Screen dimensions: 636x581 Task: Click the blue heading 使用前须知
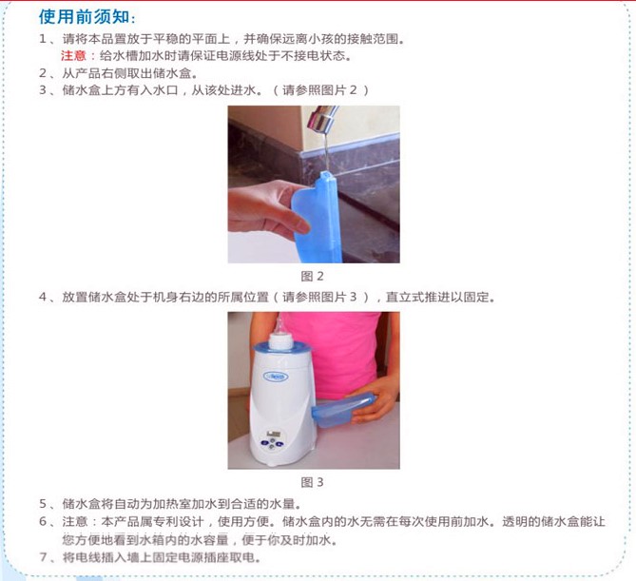coord(85,17)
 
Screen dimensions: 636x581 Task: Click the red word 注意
coord(73,55)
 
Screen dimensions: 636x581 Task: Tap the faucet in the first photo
coord(321,119)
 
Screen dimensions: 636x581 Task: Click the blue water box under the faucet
coord(318,217)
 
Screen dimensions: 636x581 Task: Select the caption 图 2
coord(312,277)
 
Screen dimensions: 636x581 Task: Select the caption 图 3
coord(312,482)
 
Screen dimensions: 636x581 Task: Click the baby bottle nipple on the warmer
coord(279,325)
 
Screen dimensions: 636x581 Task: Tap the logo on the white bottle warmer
coord(276,377)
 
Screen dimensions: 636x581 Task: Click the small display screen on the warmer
coord(274,435)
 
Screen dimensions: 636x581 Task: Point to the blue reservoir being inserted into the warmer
coord(343,409)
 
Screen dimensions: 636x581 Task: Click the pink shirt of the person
coord(337,353)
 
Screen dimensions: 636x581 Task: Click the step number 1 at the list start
coord(43,39)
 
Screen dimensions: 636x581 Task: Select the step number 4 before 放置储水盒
coord(43,297)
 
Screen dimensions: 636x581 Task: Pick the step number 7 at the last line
coord(43,557)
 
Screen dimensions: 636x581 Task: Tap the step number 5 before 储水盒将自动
coord(43,504)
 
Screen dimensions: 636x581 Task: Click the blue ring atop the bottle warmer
coord(280,348)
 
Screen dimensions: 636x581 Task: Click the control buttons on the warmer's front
coord(272,444)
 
